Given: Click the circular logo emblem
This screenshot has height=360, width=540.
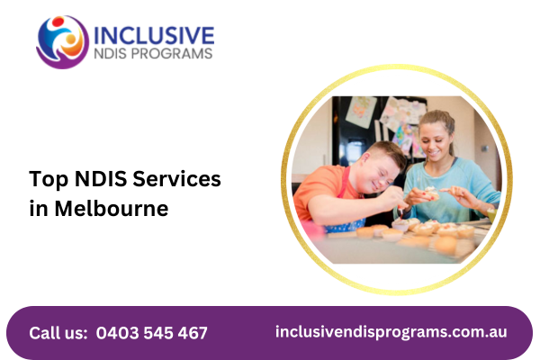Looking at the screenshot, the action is [63, 42].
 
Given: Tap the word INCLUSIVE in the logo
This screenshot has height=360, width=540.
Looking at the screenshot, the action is [154, 35].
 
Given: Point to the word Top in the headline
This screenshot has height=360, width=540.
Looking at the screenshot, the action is [49, 179].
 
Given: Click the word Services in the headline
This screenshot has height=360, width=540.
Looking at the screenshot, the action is [176, 179].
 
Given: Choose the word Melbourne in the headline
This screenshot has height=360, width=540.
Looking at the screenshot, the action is [112, 209].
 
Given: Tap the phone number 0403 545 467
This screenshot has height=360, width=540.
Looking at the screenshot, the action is [152, 333].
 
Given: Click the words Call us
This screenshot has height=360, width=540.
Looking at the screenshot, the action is [58, 333].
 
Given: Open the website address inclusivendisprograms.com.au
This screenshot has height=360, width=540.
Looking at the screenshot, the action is [391, 332].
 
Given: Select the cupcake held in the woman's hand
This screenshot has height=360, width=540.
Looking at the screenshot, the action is [431, 193].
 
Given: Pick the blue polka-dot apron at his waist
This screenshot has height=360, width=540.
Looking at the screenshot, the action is [345, 226].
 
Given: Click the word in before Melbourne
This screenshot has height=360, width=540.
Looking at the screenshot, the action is [38, 209].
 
